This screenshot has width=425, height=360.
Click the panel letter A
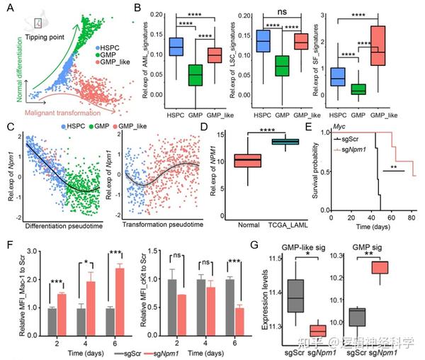[9, 9]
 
